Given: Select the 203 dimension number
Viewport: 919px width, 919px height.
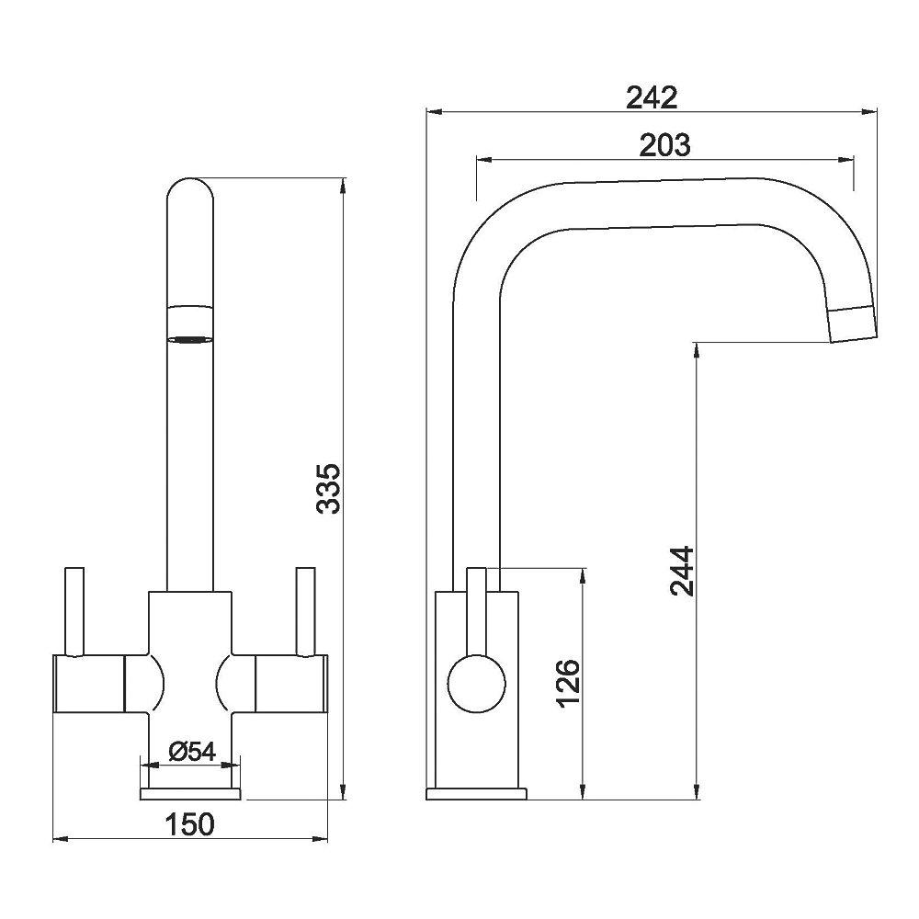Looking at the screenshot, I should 664,144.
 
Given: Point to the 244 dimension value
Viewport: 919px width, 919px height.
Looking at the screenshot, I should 681,571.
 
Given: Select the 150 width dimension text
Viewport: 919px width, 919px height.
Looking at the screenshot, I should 190,824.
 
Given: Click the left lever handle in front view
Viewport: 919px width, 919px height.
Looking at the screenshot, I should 74,611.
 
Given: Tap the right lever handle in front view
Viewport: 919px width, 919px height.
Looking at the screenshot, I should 304,611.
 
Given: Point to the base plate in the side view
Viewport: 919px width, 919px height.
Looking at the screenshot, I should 476,794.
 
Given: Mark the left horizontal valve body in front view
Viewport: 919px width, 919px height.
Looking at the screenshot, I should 89,684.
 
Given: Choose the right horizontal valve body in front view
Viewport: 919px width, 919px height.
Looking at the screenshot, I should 289,684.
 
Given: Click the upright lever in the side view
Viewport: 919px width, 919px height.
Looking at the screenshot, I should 476,607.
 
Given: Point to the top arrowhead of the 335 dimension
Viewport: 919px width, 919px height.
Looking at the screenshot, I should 343,185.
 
